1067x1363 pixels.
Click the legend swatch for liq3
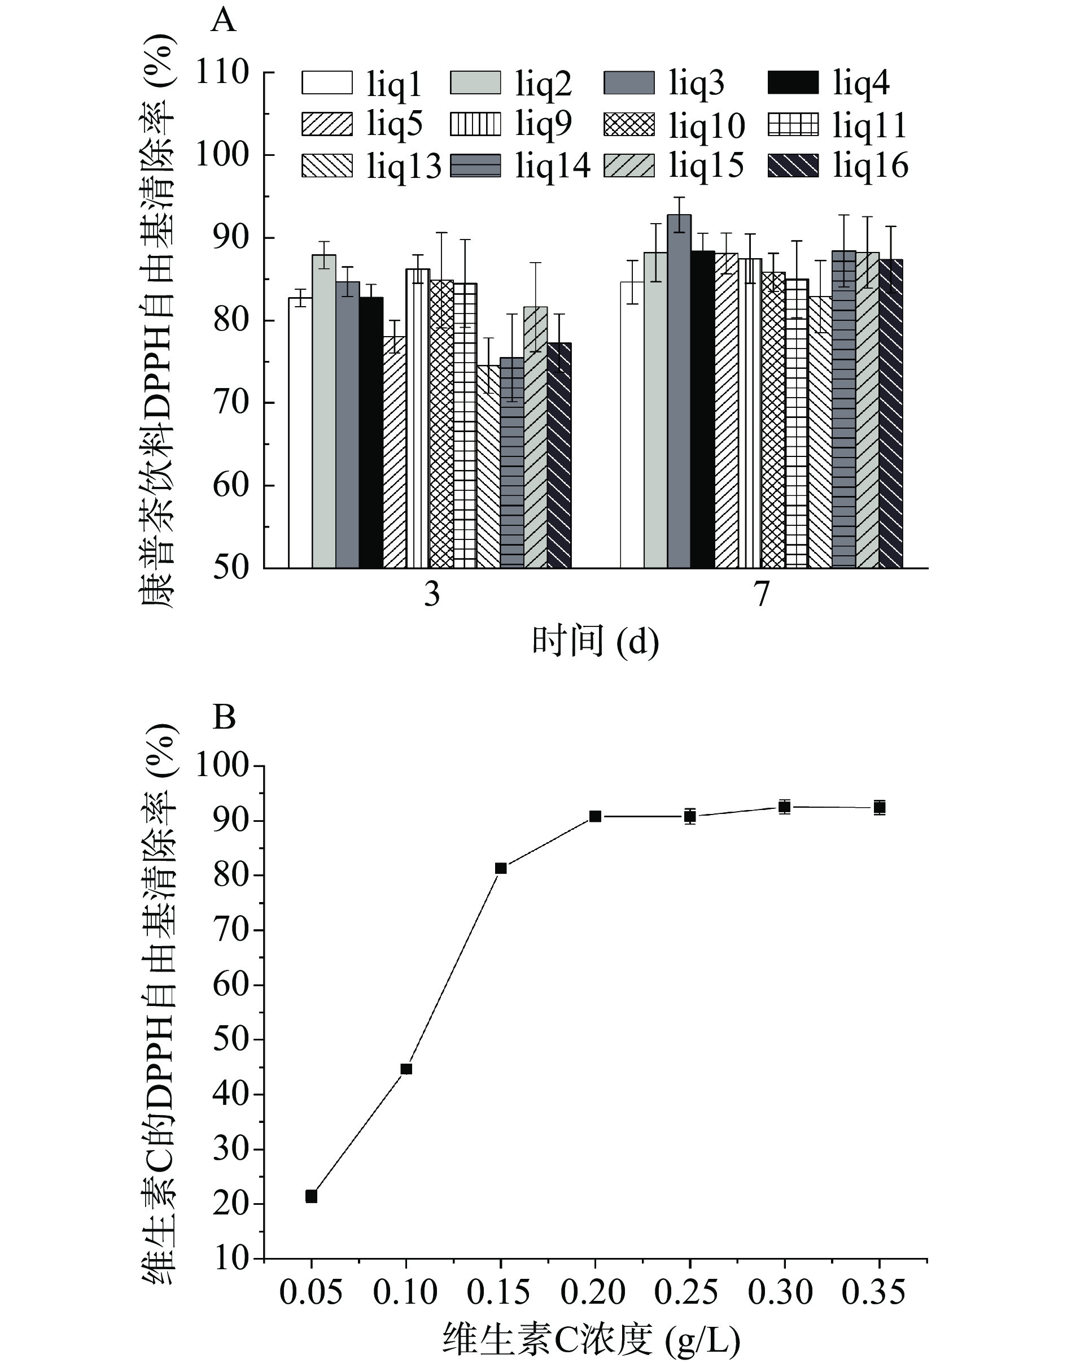629,83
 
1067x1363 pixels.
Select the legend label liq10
707,125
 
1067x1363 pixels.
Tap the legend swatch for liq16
793,166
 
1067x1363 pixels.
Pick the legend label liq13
404,167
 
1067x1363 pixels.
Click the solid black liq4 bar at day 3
371,433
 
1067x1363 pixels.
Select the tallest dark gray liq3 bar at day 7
679,391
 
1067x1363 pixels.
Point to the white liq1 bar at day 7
632,425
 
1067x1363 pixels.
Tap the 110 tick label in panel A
223,72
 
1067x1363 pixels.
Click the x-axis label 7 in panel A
761,594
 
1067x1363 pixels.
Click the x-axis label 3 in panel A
432,594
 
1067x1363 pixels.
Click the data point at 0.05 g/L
311,1196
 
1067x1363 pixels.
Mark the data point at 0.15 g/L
500,868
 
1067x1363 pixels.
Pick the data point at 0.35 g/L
880,807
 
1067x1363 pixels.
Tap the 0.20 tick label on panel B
593,1292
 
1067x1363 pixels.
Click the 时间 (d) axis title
596,642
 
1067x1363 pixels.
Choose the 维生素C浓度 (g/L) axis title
592,1339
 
